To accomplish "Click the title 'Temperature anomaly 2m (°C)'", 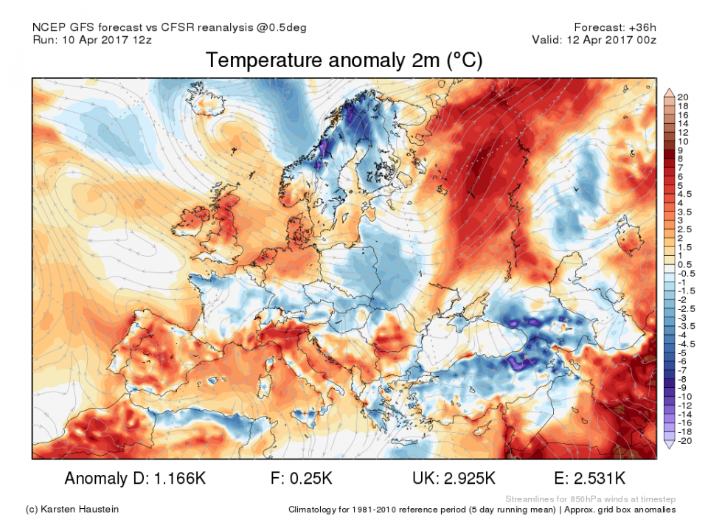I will (344, 60).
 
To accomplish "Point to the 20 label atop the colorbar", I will (683, 97).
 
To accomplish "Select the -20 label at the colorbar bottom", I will (684, 441).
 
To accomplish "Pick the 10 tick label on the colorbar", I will (683, 141).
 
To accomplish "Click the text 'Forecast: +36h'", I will (615, 27).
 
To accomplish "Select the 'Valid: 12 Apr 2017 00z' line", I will (594, 40).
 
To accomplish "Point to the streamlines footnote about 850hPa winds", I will (590, 499).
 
